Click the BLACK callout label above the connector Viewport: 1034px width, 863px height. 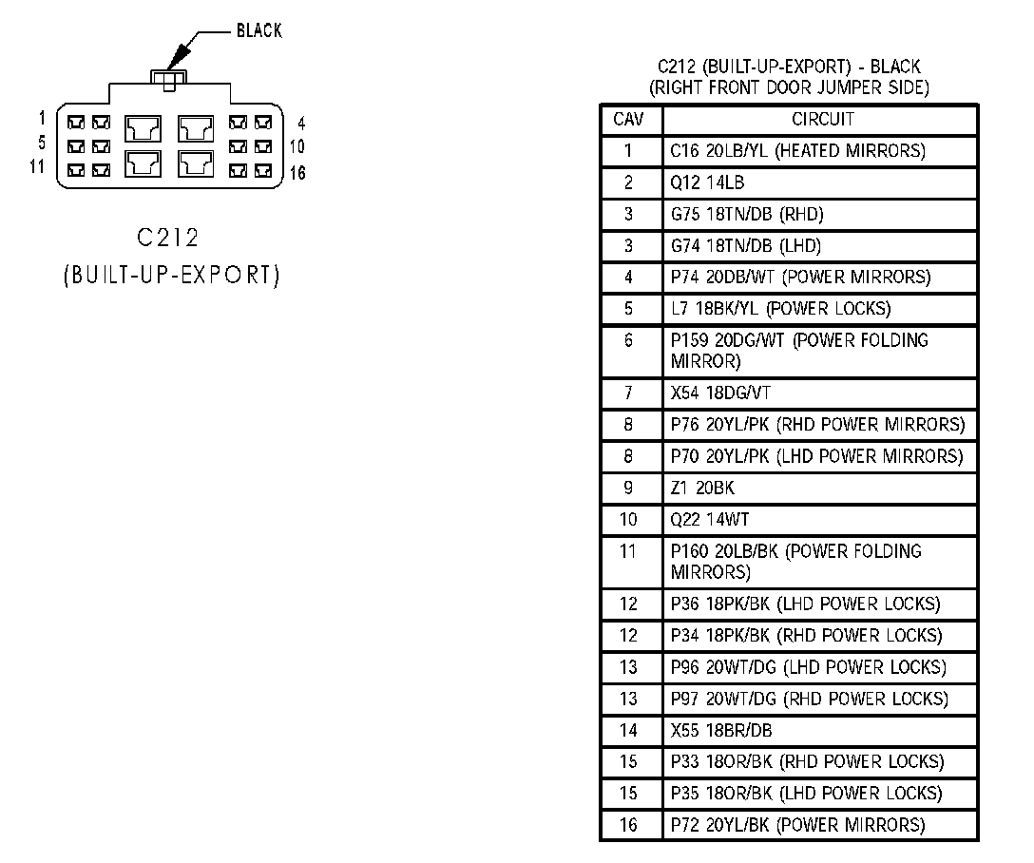[x=258, y=31]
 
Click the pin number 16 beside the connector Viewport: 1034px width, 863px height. [x=297, y=173]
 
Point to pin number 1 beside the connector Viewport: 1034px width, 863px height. [x=42, y=118]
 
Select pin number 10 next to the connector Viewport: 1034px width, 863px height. [x=297, y=146]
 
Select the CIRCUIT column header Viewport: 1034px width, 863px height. [x=822, y=120]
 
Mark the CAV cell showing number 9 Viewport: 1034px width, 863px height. [x=628, y=489]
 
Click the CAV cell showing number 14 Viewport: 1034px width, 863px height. [x=628, y=731]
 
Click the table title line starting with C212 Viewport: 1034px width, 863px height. [x=788, y=67]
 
